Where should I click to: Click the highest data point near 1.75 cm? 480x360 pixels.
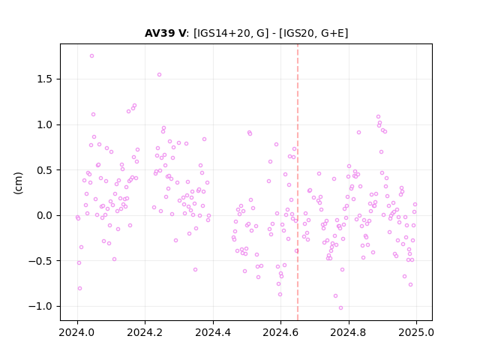91,56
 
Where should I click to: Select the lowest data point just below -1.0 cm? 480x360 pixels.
340,308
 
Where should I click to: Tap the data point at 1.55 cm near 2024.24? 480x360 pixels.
159,75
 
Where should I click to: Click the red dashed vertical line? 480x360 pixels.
298,182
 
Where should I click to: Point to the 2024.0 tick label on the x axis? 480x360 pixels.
77,332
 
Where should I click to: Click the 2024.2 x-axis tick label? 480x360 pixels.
145,332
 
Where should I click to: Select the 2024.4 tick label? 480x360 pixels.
213,332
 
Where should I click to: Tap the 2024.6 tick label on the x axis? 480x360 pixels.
280,332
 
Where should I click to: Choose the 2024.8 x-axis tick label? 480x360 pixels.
348,332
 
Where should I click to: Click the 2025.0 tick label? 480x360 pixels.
416,332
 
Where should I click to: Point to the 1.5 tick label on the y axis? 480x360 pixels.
44,79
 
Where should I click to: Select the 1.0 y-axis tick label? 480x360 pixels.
44,125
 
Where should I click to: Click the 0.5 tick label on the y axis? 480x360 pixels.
44,170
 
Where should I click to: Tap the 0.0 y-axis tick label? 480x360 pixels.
44,215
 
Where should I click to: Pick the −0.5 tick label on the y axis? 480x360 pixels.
40,261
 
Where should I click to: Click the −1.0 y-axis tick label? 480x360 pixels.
40,307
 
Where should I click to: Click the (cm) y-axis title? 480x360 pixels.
18,183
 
